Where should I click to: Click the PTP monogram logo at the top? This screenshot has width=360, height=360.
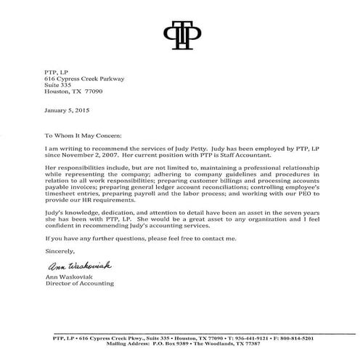click(x=180, y=32)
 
